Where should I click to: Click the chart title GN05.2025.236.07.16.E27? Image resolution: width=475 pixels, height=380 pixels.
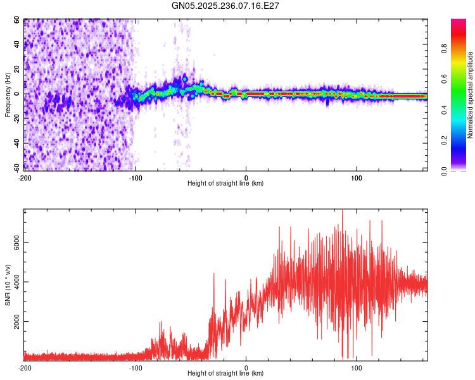226,5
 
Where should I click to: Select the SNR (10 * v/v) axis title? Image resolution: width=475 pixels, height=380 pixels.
8,285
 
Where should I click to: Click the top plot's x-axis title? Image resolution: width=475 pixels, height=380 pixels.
225,183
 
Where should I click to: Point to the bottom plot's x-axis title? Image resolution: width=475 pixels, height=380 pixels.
225,373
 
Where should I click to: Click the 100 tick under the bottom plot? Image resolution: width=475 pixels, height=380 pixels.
357,367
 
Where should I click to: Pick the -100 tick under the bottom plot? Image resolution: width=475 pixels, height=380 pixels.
136,367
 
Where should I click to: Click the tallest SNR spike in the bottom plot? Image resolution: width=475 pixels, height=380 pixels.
343,211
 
